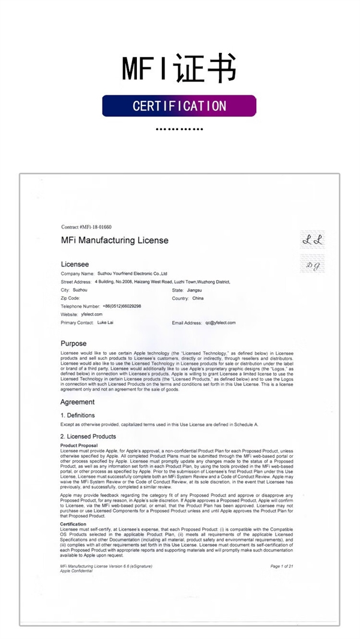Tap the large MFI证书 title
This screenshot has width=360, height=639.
click(179, 68)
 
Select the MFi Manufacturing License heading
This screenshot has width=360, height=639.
click(115, 241)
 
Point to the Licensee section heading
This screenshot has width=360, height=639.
click(75, 263)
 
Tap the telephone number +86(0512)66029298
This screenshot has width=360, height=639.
click(122, 306)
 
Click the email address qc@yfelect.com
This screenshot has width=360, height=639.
click(220, 323)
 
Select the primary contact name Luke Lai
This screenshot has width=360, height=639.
click(106, 323)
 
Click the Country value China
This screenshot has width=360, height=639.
click(198, 298)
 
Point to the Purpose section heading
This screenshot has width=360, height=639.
click(74, 344)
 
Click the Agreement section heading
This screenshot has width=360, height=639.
click(77, 402)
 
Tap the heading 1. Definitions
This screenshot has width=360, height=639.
click(78, 415)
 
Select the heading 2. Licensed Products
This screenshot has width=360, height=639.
click(88, 436)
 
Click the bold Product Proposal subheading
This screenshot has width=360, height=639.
click(79, 446)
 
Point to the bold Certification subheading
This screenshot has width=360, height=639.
click(74, 524)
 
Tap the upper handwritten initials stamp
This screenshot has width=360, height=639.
click(313, 240)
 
